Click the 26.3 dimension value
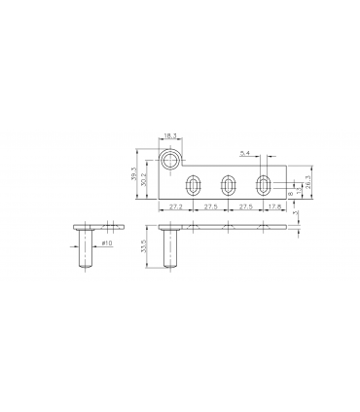coord(307,182)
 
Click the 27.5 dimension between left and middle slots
coord(210,207)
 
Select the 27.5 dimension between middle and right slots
coord(245,207)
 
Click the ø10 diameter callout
coord(107,243)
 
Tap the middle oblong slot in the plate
coord(229,185)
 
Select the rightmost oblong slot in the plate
coord(263,184)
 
